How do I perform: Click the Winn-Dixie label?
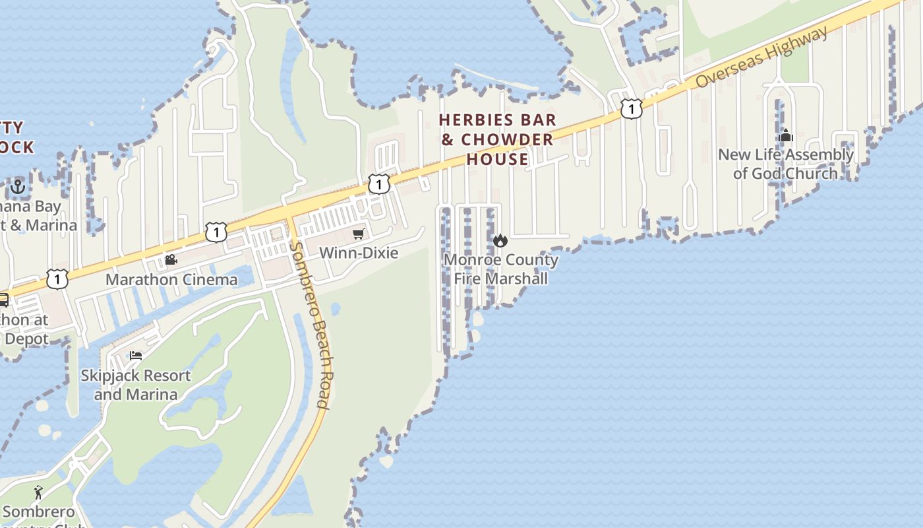click(359, 253)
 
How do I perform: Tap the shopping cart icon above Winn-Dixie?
click(359, 234)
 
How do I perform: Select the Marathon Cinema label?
click(171, 279)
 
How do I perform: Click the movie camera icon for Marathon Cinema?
click(171, 259)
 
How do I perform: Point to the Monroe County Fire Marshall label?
click(500, 269)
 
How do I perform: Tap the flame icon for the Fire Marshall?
click(500, 241)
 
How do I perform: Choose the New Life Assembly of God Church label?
click(785, 164)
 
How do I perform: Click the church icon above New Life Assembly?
click(785, 135)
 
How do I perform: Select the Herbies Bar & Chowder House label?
click(498, 139)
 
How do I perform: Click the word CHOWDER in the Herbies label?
click(507, 139)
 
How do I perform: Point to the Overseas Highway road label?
click(761, 57)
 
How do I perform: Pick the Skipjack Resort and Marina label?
click(135, 385)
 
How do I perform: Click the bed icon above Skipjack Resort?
click(136, 356)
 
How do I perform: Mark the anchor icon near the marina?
click(17, 187)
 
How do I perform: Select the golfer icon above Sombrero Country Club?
click(38, 492)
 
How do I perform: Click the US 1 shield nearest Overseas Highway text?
click(631, 108)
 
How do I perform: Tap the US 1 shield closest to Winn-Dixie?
click(378, 183)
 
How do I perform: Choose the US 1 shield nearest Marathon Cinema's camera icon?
click(216, 232)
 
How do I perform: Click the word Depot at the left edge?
click(27, 339)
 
